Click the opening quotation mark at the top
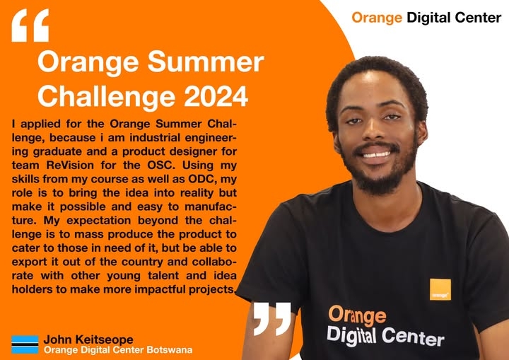pos(30,25)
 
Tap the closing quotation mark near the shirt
pos(271,318)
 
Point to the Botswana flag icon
pos(25,344)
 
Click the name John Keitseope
pos(88,339)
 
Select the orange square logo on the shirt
pos(440,289)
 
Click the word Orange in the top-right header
pos(377,18)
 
